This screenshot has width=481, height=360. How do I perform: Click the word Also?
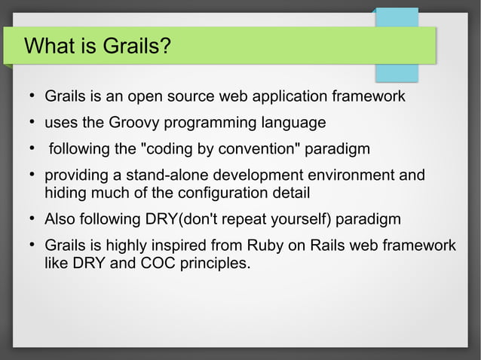tap(61, 220)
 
